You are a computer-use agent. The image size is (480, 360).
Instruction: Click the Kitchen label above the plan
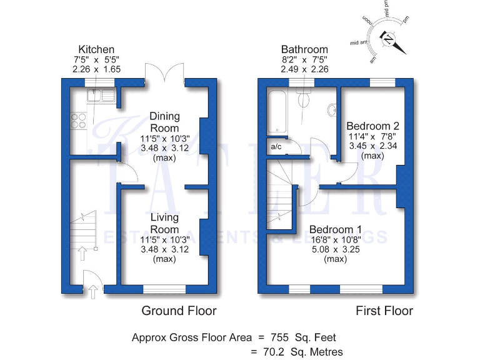pos(96,49)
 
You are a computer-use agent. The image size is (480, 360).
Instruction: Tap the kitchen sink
pos(99,96)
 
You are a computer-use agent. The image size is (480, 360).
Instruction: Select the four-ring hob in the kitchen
pos(79,120)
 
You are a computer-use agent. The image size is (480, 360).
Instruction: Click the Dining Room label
pos(164,121)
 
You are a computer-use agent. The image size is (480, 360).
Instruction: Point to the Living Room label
pos(164,223)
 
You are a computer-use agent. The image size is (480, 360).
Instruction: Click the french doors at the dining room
pos(164,74)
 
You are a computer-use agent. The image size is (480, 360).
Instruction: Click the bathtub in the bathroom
pos(278,112)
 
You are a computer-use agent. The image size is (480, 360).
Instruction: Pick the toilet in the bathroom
pos(305,98)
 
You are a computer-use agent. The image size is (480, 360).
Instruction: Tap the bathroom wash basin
pos(331,110)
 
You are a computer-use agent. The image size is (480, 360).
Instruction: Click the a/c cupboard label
pos(276,147)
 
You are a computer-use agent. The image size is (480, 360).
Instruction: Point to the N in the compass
pos(389,40)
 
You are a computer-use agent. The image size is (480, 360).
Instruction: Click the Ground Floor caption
pos(179,311)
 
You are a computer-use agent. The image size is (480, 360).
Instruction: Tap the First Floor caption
pos(384,311)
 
